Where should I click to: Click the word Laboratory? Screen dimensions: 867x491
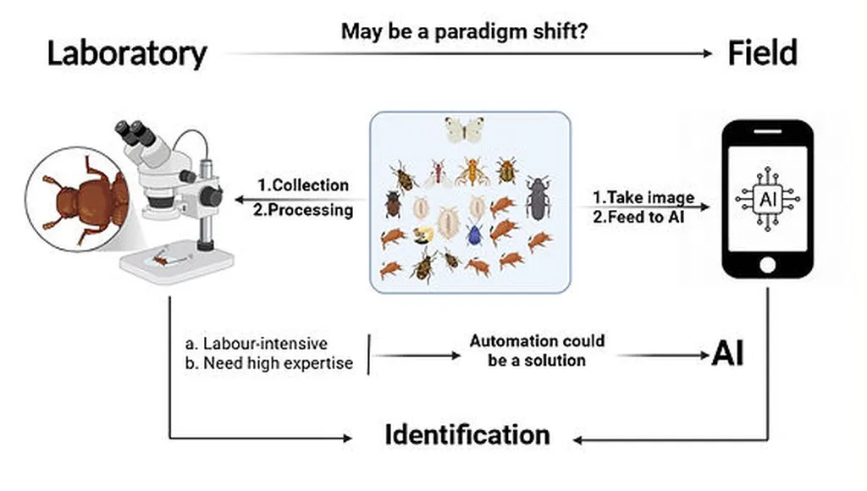[x=127, y=54]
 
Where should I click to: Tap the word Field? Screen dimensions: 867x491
[x=762, y=53]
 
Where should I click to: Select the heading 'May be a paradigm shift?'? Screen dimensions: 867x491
[x=464, y=31]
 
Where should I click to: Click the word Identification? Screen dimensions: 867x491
[x=467, y=434]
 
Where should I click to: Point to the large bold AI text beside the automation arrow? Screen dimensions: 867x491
[x=727, y=353]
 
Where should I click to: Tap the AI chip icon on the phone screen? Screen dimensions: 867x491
[x=767, y=199]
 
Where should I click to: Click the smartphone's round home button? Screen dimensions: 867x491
[x=767, y=265]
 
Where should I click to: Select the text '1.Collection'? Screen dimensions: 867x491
[x=303, y=185]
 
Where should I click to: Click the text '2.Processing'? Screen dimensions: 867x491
[x=303, y=210]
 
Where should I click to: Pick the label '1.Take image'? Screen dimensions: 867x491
[x=643, y=197]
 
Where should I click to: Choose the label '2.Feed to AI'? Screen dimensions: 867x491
[x=638, y=217]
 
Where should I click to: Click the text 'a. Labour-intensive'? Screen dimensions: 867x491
[x=257, y=344]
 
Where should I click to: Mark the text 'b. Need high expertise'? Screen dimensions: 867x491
[x=269, y=363]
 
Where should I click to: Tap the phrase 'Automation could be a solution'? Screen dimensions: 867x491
[x=537, y=350]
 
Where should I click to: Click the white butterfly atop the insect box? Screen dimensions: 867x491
[x=465, y=130]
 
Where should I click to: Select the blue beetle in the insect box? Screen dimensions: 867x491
[x=474, y=234]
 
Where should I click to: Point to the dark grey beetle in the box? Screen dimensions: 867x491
[x=536, y=198]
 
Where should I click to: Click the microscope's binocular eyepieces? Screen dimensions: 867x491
[x=135, y=135]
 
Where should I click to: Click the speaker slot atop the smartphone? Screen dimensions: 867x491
[x=767, y=131]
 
